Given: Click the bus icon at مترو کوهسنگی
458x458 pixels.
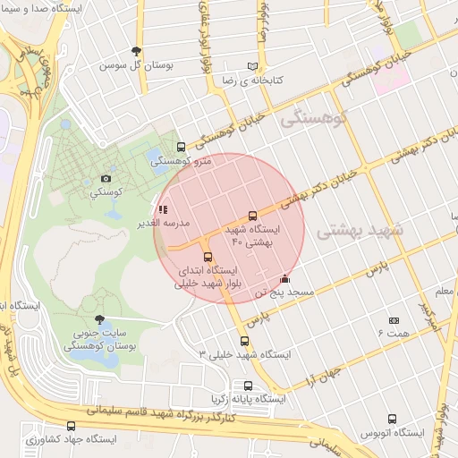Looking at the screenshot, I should [x=182, y=147].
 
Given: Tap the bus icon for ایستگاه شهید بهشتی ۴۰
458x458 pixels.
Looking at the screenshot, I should [x=252, y=216].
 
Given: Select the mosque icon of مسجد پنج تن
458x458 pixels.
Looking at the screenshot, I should [x=285, y=278].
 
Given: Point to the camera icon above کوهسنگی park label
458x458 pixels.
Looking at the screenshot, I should [x=106, y=178].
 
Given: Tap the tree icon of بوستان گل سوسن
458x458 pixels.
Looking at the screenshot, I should [x=136, y=52].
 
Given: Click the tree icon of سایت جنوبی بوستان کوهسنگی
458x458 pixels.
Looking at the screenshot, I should [x=99, y=318].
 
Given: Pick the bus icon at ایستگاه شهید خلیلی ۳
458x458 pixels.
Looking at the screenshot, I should [x=245, y=341].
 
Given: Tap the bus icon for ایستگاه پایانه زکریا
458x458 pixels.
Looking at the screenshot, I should [x=248, y=386].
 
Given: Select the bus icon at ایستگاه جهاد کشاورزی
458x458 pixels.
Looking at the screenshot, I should [x=72, y=426].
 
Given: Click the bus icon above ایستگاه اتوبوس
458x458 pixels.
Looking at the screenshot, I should [x=392, y=419].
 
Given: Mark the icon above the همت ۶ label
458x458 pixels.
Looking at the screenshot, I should [x=394, y=319].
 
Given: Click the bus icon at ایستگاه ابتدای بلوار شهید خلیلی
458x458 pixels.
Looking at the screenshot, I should [x=208, y=258].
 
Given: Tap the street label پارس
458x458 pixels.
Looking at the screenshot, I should [x=375, y=267].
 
